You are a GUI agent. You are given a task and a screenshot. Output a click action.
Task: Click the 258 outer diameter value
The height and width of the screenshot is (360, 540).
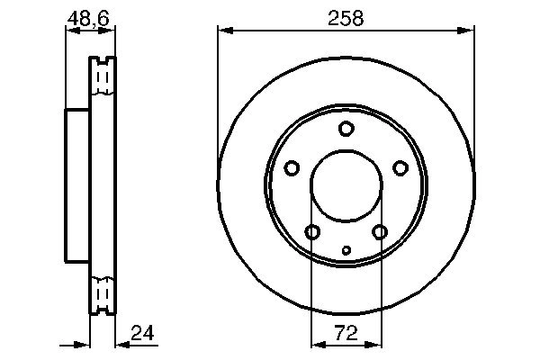pyautogui.click(x=346, y=18)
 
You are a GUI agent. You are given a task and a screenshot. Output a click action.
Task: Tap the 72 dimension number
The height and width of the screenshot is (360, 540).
pyautogui.click(x=346, y=333)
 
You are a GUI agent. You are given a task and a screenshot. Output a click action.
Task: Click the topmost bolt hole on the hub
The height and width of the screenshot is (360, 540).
pyautogui.click(x=346, y=129)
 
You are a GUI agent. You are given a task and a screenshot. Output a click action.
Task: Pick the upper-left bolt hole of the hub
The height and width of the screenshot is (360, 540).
pyautogui.click(x=292, y=168)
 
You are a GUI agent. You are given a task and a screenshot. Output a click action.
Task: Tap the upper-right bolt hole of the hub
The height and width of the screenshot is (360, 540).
pyautogui.click(x=400, y=168)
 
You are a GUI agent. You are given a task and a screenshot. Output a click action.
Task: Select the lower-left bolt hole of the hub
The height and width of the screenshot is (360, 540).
pyautogui.click(x=312, y=233)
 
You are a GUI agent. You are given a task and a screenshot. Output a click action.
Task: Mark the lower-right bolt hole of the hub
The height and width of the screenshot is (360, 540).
pyautogui.click(x=379, y=233)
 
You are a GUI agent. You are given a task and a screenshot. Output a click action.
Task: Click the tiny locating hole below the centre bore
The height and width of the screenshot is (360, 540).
pyautogui.click(x=346, y=250)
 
